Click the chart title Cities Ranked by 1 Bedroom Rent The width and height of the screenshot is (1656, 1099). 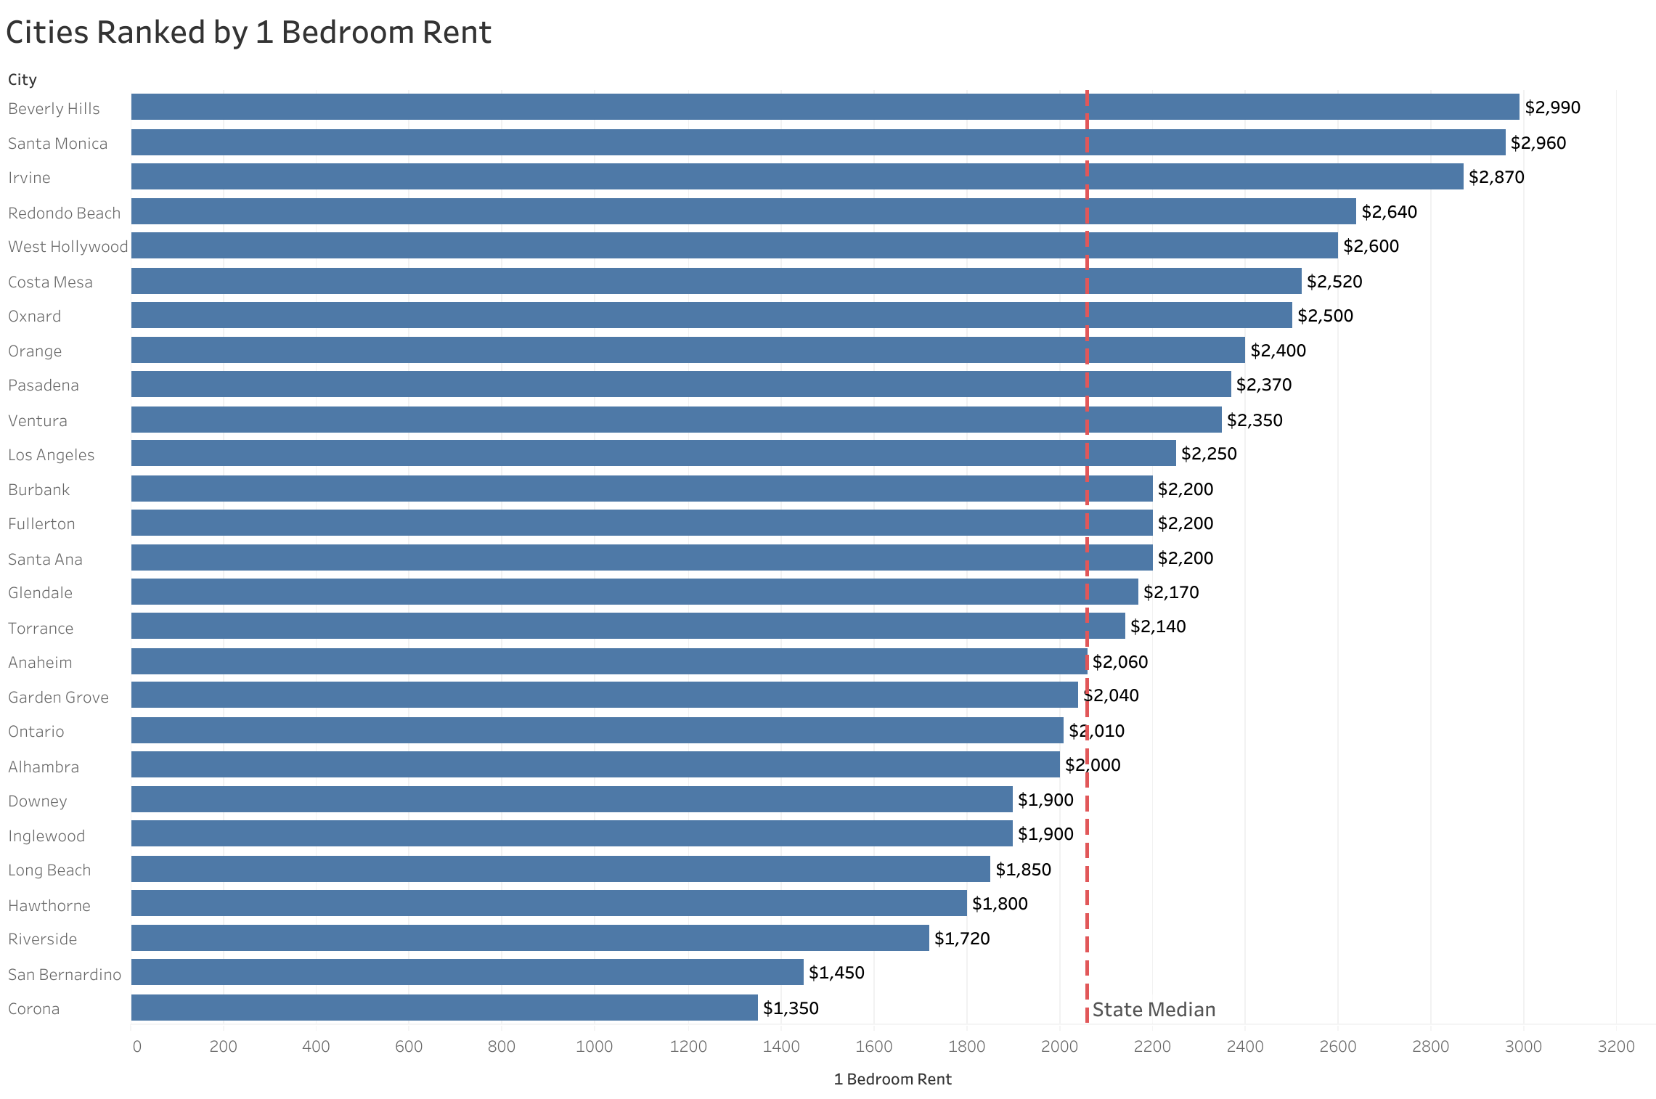248,33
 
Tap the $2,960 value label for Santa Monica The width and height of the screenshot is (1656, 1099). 1538,143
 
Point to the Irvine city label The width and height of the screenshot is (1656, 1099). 29,178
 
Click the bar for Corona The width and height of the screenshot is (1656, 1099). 444,1008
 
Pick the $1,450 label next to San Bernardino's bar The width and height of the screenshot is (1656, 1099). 836,973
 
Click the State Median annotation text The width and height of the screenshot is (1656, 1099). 1153,1010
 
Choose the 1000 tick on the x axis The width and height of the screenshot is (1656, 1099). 594,1046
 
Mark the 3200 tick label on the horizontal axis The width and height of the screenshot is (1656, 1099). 1615,1046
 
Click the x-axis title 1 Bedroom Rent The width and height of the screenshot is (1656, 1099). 892,1079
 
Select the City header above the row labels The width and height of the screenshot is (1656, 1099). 22,80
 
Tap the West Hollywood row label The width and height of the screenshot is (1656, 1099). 68,247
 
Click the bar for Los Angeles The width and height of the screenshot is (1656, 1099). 653,454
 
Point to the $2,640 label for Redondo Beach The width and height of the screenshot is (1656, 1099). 1389,212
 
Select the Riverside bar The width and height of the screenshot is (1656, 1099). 529,938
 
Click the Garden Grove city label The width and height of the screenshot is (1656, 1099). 58,698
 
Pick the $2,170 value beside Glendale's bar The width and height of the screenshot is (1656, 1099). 1170,592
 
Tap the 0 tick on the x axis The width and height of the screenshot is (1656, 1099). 136,1046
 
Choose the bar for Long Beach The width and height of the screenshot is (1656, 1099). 560,869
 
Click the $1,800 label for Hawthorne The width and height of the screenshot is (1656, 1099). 999,904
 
